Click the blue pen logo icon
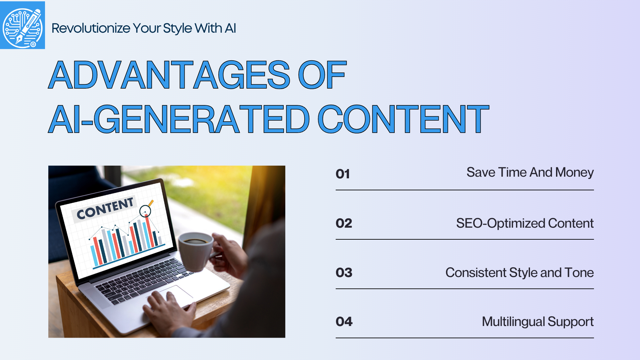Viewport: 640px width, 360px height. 22,25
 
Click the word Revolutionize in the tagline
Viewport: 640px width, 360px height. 91,28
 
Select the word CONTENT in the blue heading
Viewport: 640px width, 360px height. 403,119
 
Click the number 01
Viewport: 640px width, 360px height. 343,174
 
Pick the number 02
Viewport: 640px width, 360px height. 344,223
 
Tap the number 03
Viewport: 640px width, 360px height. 344,273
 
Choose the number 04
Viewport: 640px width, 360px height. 344,322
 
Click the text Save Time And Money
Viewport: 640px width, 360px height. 530,173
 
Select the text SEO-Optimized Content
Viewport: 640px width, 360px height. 525,223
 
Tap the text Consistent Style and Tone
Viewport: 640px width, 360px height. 519,273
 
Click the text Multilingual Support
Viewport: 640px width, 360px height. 537,322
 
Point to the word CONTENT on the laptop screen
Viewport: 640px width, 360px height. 105,208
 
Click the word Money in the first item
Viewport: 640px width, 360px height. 574,173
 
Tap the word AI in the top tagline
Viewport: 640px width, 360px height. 230,28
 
